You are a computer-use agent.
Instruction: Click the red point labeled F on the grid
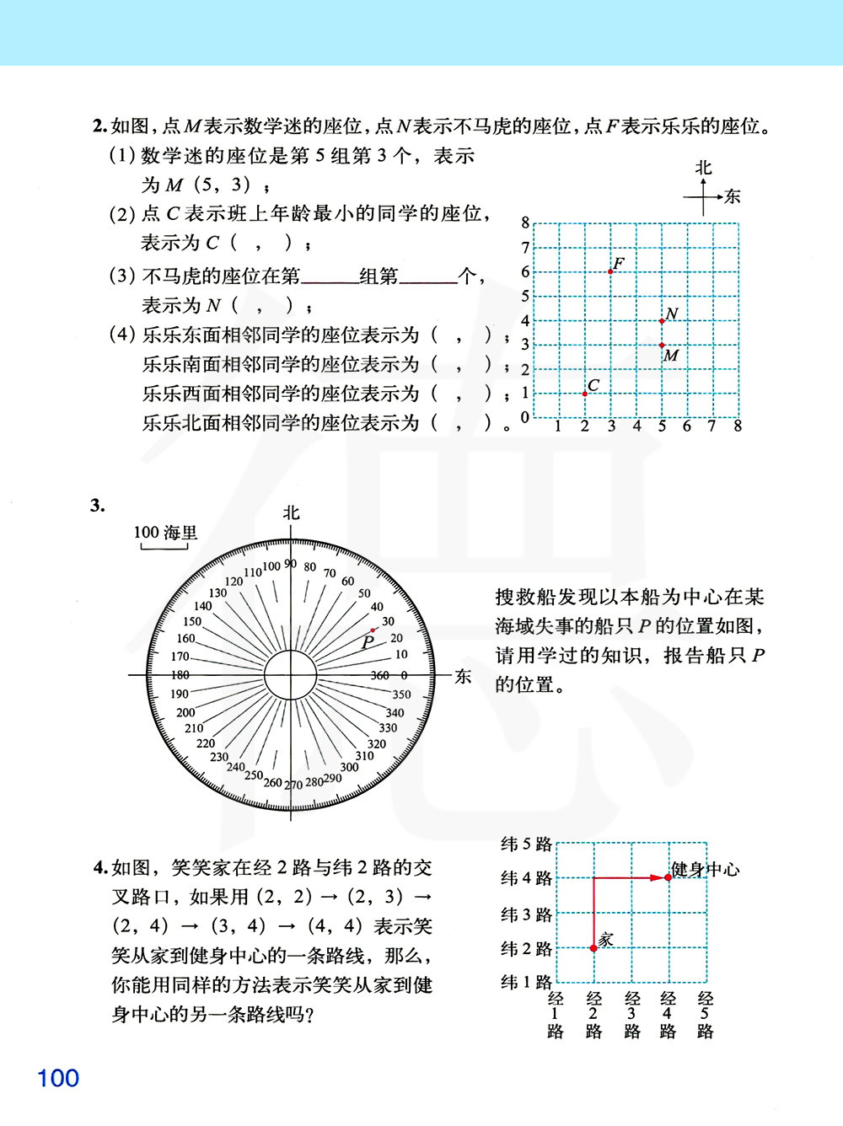pyautogui.click(x=610, y=271)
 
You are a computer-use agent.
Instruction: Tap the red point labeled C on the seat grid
pyautogui.click(x=585, y=394)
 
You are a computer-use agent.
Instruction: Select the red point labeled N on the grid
pyautogui.click(x=662, y=321)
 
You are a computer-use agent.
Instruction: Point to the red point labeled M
pyautogui.click(x=662, y=345)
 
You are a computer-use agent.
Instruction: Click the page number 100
pyautogui.click(x=58, y=1078)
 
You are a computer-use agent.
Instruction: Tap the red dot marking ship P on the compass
pyautogui.click(x=373, y=630)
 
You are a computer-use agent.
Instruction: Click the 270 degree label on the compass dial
pyautogui.click(x=293, y=785)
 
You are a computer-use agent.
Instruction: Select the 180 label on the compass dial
pyautogui.click(x=180, y=675)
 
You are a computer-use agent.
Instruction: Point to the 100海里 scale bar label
pyautogui.click(x=165, y=533)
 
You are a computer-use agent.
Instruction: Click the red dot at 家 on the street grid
pyautogui.click(x=593, y=948)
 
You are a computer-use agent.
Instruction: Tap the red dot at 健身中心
pyautogui.click(x=668, y=877)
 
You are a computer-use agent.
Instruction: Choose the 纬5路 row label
pyautogui.click(x=526, y=844)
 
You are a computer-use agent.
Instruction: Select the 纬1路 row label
pyautogui.click(x=526, y=982)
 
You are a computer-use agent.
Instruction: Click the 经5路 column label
pyautogui.click(x=706, y=1015)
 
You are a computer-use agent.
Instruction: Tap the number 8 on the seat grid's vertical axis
pyautogui.click(x=525, y=223)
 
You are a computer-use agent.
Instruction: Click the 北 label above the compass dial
pyautogui.click(x=291, y=512)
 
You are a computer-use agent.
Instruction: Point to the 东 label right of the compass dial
pyautogui.click(x=463, y=676)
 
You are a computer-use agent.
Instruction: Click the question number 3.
pyautogui.click(x=98, y=506)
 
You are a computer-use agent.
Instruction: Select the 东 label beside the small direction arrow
pyautogui.click(x=733, y=196)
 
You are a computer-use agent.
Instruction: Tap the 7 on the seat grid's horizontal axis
pyautogui.click(x=712, y=426)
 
